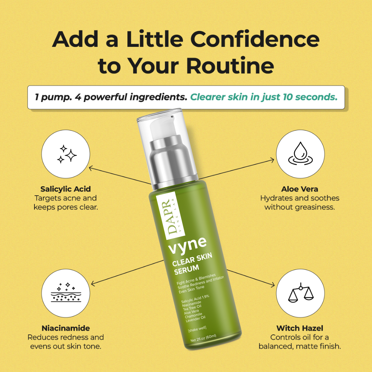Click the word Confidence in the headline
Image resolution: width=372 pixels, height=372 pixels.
(255, 40)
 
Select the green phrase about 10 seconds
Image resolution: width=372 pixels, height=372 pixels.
(264, 97)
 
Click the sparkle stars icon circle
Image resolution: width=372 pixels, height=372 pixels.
(66, 154)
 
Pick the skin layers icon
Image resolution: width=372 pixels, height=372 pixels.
(66, 292)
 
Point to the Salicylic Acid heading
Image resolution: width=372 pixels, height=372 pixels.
(65, 189)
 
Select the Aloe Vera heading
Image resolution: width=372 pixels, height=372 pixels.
(300, 189)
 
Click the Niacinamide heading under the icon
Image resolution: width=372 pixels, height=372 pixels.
(65, 328)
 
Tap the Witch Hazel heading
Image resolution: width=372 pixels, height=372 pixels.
(300, 328)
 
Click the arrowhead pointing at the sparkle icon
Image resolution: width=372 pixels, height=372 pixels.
(90, 168)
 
